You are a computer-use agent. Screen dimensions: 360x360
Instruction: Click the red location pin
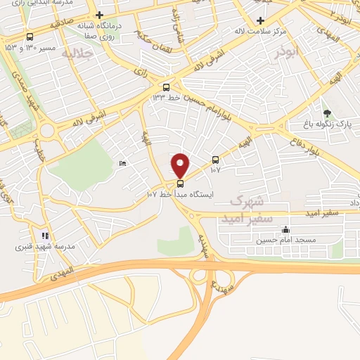pos(181,165)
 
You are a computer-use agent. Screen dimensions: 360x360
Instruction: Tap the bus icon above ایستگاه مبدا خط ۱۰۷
pos(181,184)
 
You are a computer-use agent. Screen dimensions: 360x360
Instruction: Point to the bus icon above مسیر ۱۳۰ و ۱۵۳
pos(30,37)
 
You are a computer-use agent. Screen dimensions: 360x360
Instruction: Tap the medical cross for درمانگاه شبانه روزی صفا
pos(101,15)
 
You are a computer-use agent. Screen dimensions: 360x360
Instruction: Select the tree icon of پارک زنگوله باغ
pos(326,113)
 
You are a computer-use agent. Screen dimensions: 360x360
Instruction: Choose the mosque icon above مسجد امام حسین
pos(285,229)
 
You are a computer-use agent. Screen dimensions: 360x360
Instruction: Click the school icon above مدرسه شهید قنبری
pos(44,236)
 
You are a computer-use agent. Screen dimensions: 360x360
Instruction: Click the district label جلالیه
pos(77,53)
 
